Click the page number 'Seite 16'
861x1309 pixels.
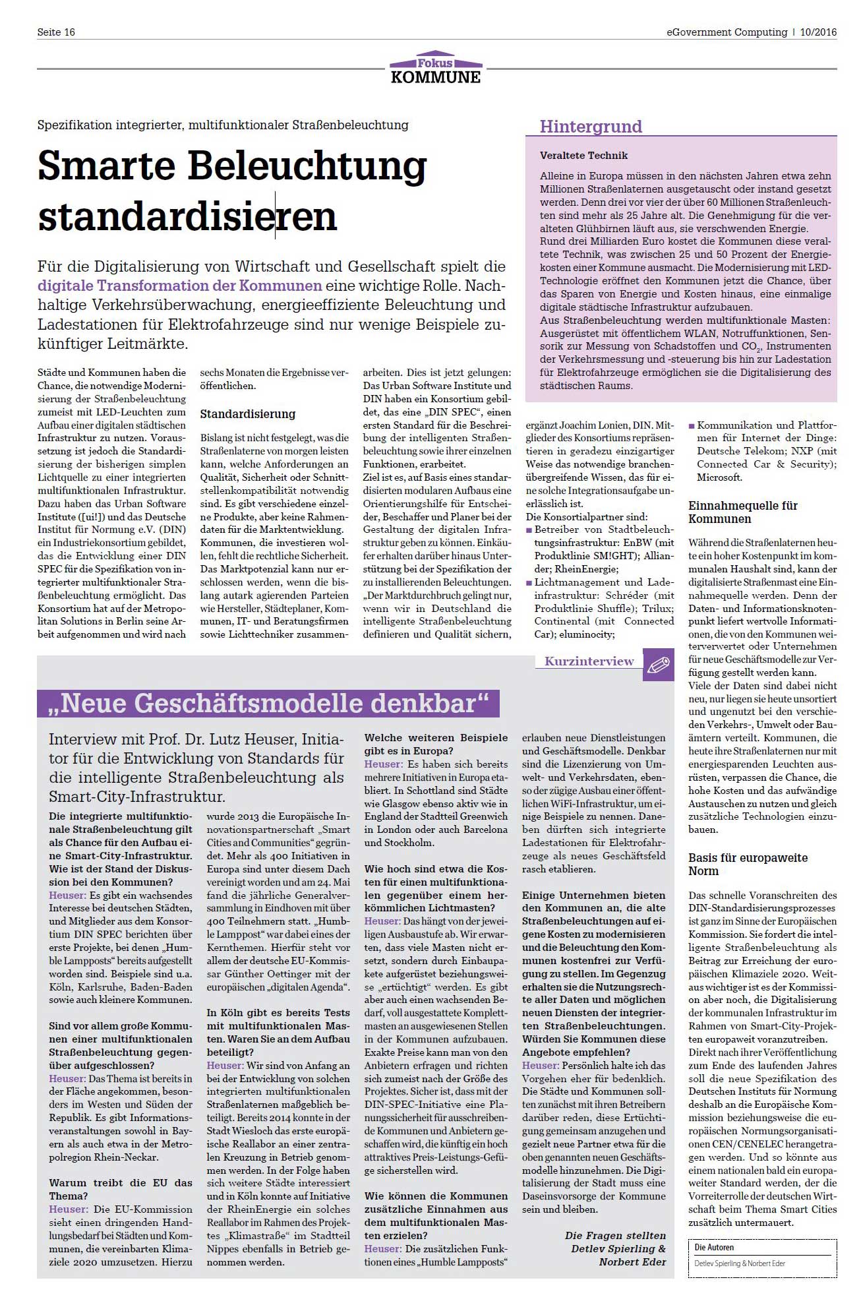pos(56,32)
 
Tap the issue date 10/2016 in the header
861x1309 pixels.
pos(818,32)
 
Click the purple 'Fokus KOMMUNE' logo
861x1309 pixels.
pos(435,69)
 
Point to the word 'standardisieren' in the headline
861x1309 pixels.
pos(187,217)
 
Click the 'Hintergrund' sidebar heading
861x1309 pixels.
pos(591,127)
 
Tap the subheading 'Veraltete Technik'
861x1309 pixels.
pos(583,156)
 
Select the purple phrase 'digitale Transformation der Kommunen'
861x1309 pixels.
pos(179,286)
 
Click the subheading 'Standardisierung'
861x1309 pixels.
pos(248,414)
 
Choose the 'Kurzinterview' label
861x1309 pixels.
pos(589,661)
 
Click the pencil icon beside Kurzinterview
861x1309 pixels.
pos(658,665)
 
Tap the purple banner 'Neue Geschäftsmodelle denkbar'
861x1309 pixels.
pos(268,704)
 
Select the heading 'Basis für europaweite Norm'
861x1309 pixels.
pos(748,865)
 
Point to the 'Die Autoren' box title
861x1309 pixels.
pos(714,1248)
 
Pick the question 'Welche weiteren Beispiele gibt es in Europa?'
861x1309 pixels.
pos(436,745)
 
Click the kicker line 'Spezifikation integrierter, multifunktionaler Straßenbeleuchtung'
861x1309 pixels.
pos(223,125)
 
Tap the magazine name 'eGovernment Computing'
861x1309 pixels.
pos(727,32)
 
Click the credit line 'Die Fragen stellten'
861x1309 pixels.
pos(615,1236)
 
